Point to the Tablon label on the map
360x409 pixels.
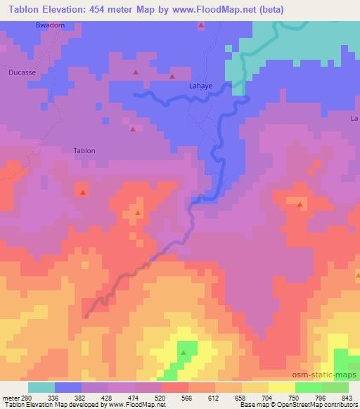[x=84, y=150]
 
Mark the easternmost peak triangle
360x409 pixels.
[x=300, y=205]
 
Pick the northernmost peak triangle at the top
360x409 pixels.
[x=201, y=26]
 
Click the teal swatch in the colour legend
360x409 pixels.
[x=41, y=387]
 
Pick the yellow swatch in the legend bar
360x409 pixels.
[x=282, y=387]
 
